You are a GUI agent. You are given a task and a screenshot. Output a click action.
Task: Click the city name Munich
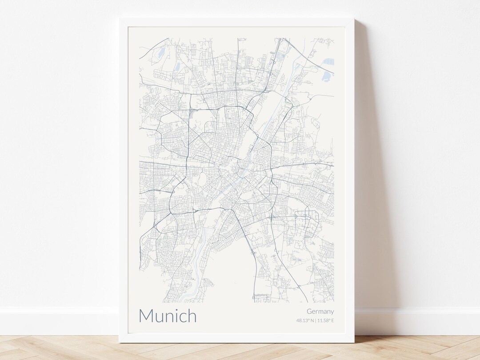(168, 316)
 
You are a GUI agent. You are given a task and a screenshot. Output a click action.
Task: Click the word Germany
(320, 312)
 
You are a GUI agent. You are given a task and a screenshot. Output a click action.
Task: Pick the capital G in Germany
(309, 312)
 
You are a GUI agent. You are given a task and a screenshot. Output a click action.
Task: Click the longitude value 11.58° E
(326, 320)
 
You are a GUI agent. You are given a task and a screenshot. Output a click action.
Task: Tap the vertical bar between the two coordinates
(316, 320)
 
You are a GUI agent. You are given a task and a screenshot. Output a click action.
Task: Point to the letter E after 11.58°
(332, 320)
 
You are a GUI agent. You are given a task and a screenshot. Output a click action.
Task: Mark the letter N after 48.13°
(312, 320)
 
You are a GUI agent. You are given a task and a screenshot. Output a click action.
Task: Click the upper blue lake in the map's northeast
(328, 62)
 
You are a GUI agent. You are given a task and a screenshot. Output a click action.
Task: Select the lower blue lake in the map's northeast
(326, 76)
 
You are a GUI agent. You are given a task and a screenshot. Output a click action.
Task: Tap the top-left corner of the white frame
(120, 19)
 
